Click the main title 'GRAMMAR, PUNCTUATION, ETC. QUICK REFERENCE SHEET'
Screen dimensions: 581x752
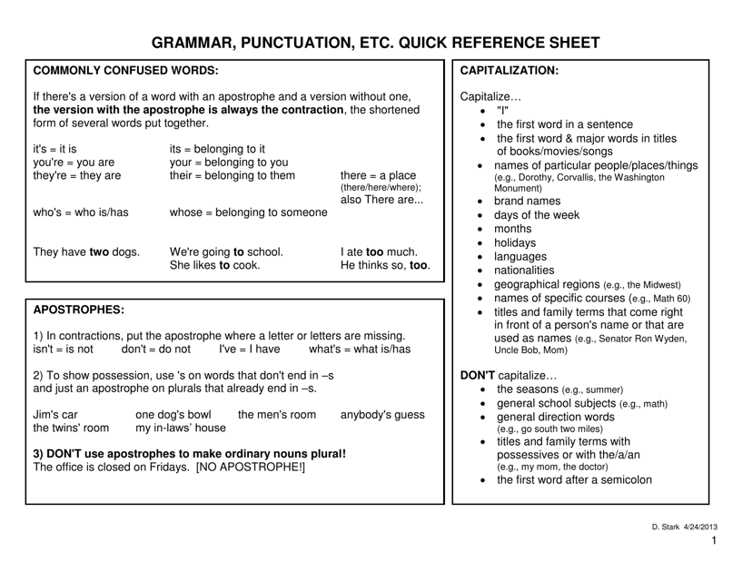pos(375,43)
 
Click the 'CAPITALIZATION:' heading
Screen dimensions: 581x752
pos(510,70)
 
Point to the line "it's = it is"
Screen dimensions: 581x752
pos(55,149)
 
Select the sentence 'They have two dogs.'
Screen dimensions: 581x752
pos(86,251)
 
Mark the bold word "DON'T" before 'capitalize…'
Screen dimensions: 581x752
pos(479,374)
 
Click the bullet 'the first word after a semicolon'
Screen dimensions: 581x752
pos(574,480)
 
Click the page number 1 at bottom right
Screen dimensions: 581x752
pos(715,542)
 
